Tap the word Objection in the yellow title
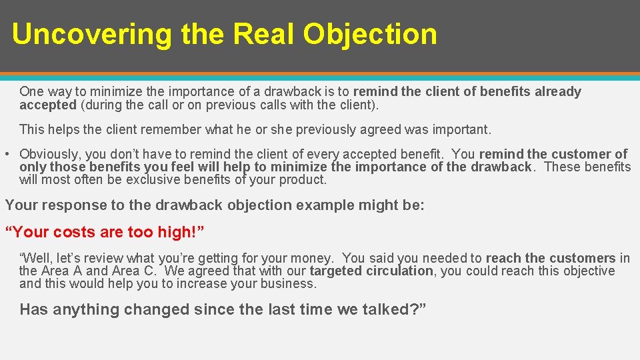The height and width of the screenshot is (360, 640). point(369,34)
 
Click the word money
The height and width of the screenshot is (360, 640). point(313,258)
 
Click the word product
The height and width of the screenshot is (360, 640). point(304,179)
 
